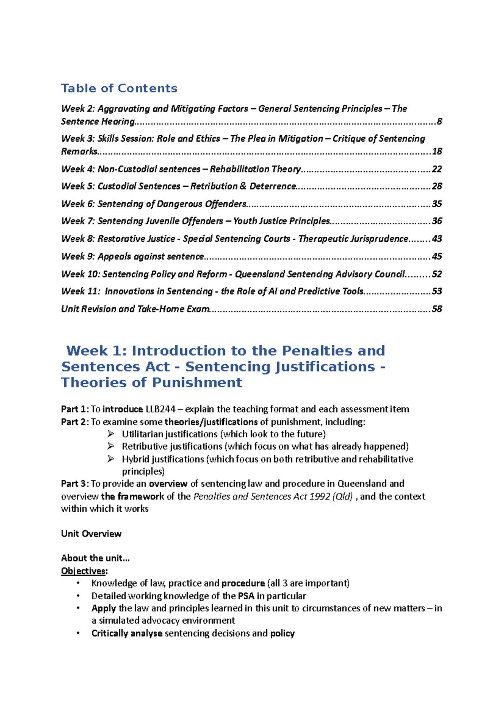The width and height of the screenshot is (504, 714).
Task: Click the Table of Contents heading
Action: tap(119, 88)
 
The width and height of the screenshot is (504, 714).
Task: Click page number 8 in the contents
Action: tap(439, 122)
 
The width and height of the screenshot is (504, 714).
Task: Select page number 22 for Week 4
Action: tap(437, 169)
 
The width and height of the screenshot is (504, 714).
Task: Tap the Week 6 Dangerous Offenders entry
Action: tap(154, 204)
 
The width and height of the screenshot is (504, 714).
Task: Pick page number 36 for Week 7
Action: tap(437, 221)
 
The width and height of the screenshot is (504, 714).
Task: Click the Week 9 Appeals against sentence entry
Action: tap(133, 257)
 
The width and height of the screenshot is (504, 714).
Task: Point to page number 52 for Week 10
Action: tap(437, 274)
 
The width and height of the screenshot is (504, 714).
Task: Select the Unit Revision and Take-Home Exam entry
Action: tap(135, 309)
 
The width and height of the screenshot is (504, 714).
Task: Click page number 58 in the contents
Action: tap(437, 309)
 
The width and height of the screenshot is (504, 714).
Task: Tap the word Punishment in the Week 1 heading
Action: tap(197, 383)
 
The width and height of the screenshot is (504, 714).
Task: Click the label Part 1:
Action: tap(75, 409)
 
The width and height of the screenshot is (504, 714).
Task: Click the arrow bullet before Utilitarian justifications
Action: tap(110, 434)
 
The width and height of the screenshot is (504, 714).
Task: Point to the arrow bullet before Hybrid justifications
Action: tap(110, 459)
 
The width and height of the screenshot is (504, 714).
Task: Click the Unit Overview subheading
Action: tap(91, 534)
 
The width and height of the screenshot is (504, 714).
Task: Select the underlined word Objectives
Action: tap(83, 571)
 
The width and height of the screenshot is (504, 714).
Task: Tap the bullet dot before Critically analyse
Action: tap(78, 633)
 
